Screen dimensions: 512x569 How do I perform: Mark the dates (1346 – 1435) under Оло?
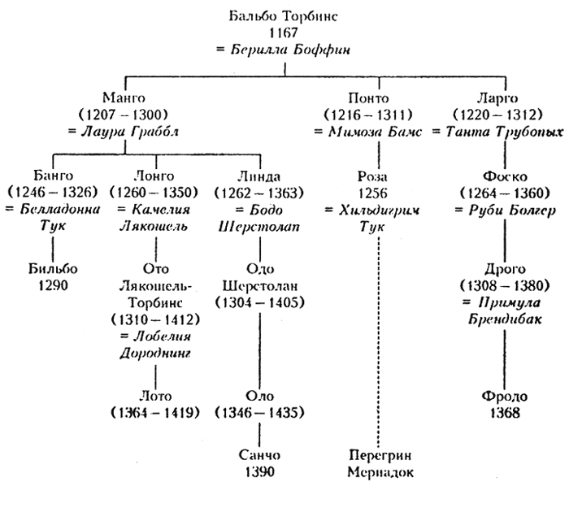click(x=260, y=412)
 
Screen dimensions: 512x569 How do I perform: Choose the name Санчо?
click(x=260, y=457)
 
